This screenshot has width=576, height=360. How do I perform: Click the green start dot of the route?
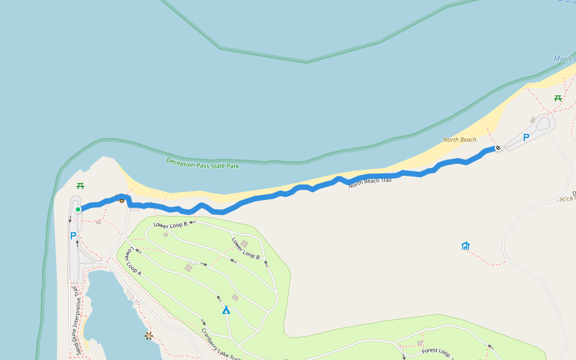78,209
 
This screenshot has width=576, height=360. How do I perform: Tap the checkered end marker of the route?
498,148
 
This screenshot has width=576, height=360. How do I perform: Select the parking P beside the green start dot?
73,236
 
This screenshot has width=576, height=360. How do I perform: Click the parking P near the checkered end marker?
526,137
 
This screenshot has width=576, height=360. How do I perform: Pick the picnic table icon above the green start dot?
80,186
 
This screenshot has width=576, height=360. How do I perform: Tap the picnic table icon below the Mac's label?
558,98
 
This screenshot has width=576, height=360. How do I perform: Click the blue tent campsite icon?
226,310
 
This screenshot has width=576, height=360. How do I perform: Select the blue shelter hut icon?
466,245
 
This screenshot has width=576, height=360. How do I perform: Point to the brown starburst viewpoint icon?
149,335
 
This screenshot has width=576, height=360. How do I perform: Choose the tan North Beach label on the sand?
460,140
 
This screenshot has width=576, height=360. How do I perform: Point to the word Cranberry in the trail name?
211,340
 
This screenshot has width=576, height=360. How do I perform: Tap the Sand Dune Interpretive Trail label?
77,321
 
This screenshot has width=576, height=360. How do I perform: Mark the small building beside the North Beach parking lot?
532,120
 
